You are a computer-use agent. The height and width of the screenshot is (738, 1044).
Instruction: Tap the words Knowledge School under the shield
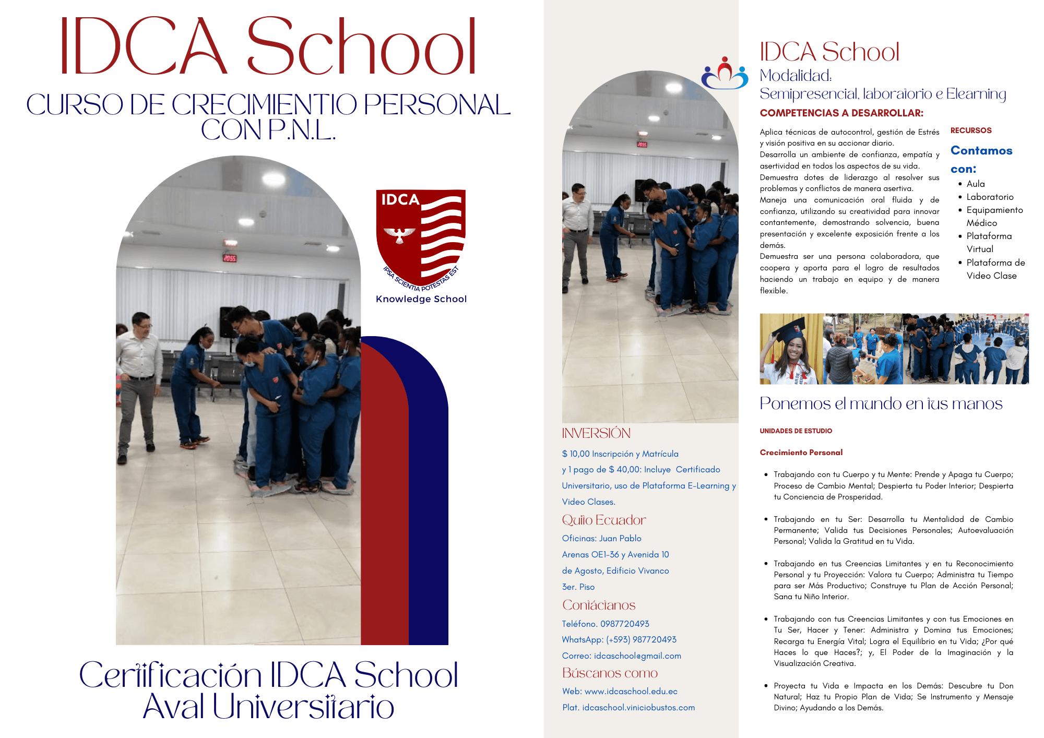(421, 299)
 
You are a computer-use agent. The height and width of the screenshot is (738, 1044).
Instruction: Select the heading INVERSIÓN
(596, 433)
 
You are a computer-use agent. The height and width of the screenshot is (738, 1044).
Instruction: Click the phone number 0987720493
(624, 624)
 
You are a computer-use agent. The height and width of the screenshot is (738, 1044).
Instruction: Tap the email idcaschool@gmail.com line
(621, 656)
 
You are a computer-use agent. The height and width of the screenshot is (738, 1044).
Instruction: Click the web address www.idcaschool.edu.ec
(631, 691)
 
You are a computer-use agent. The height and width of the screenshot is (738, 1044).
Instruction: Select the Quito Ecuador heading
(603, 520)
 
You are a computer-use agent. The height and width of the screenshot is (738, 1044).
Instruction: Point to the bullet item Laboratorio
(990, 197)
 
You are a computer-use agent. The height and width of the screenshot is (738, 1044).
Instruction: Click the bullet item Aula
(975, 184)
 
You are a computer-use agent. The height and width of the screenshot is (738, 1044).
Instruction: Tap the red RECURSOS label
(970, 130)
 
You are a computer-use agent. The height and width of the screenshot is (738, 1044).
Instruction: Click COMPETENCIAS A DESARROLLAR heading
(841, 113)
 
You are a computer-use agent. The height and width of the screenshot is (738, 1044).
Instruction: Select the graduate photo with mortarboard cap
(790, 349)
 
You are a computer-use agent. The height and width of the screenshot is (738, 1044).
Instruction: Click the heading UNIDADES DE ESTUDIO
(796, 431)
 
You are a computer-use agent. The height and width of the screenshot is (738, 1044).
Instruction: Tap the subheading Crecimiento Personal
(801, 453)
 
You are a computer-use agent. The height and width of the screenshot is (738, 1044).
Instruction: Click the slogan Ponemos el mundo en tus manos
(881, 403)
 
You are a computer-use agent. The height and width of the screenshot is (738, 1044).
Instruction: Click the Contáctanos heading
(598, 605)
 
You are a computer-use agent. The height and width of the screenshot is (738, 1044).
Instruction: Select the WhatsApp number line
(619, 639)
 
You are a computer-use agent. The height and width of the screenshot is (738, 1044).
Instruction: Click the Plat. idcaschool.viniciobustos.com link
(628, 707)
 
